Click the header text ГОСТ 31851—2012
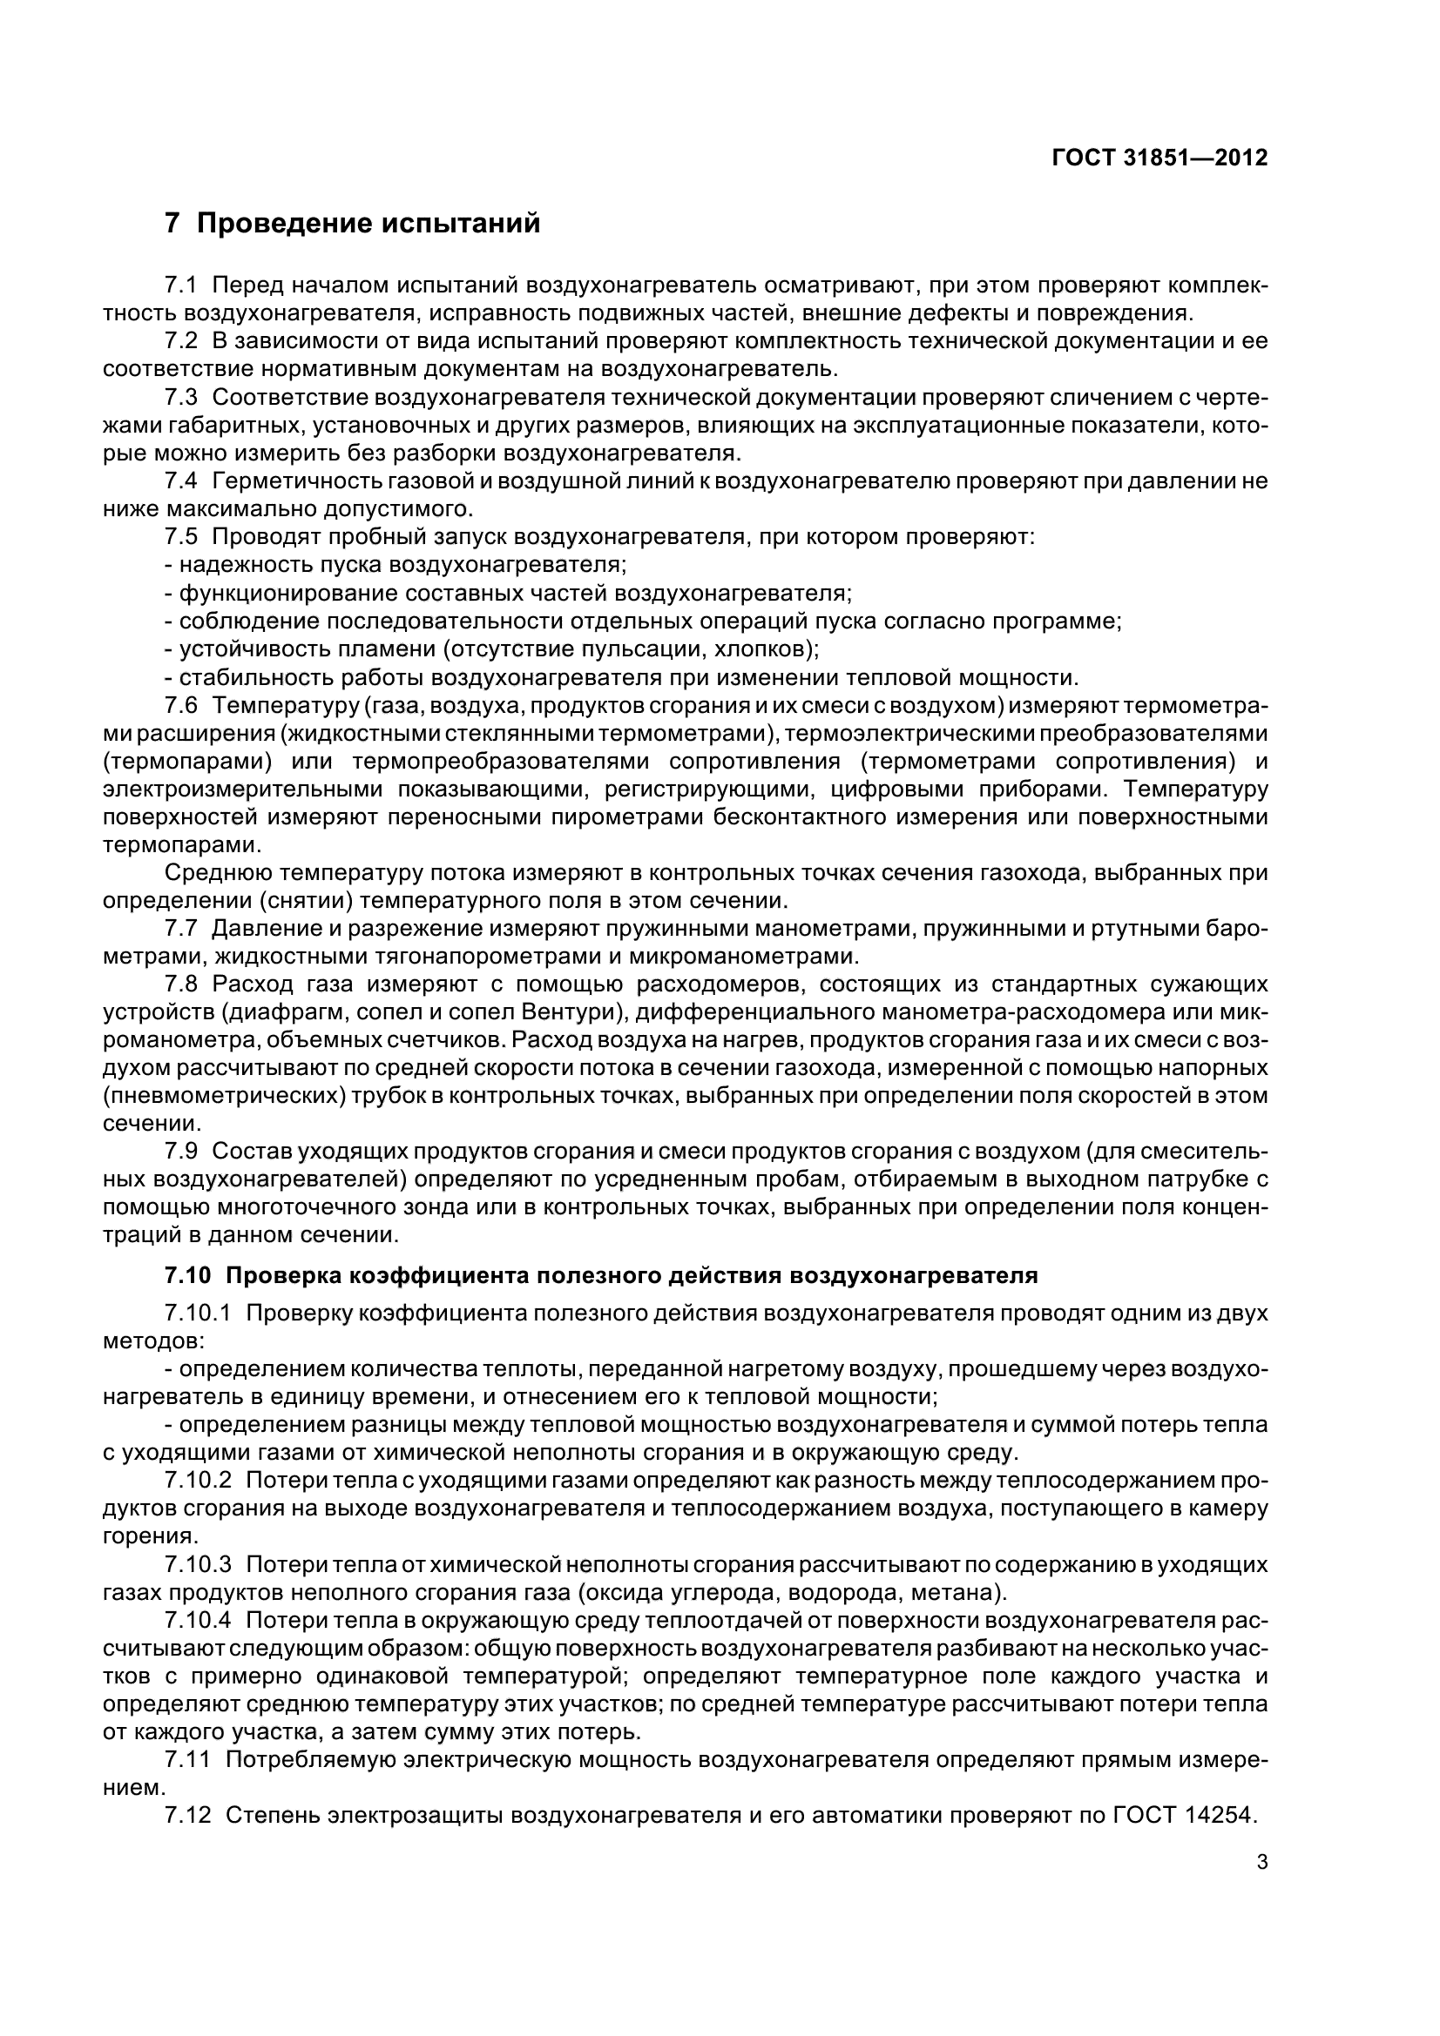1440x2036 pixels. click(x=1159, y=158)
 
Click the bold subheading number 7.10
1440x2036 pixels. click(x=188, y=1276)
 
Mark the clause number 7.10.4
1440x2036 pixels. click(x=198, y=1620)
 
